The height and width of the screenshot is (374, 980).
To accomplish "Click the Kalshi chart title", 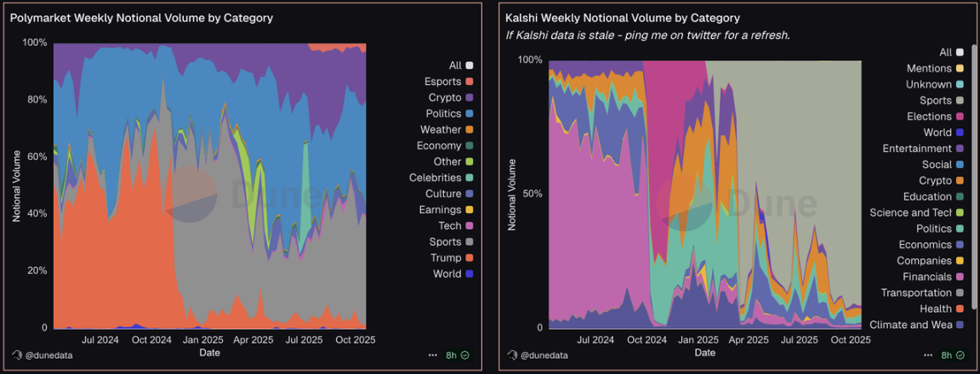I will point(622,17).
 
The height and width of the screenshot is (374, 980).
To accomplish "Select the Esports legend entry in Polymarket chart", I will point(442,82).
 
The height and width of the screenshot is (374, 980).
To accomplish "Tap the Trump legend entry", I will point(446,258).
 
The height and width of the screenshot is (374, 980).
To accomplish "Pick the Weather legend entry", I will point(441,129).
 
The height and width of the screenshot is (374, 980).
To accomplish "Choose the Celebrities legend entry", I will point(435,178).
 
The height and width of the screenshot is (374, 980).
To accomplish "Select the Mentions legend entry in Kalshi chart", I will point(929,68).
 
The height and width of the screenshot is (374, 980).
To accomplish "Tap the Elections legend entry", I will point(929,116).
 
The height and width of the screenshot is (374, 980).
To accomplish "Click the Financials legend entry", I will point(927,276).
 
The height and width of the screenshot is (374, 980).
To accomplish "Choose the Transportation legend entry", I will point(916,292).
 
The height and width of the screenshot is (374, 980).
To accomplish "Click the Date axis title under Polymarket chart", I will point(209,352).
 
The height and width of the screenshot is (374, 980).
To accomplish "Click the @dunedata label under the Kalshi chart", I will point(544,355).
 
